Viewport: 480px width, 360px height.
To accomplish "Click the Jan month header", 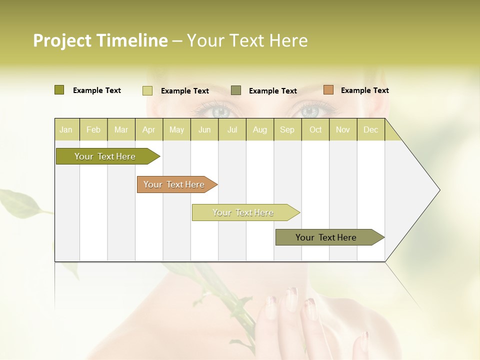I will click(x=66, y=129).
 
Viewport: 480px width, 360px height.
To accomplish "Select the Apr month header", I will click(x=148, y=129).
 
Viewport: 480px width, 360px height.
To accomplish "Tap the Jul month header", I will click(x=232, y=129).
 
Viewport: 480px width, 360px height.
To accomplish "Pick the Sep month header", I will click(x=287, y=129).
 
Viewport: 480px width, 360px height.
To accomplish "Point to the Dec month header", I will click(x=370, y=129).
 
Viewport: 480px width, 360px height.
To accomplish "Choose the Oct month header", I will click(x=315, y=129).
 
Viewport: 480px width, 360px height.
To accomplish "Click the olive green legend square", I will click(x=59, y=90).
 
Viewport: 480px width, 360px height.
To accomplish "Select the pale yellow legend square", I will click(x=147, y=90).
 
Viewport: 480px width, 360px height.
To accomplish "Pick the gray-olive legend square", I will click(x=236, y=90).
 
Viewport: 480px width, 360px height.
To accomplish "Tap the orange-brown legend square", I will click(x=328, y=90).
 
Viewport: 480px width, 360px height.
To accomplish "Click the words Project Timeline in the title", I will click(x=100, y=40).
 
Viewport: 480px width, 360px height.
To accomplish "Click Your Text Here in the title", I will click(x=247, y=40).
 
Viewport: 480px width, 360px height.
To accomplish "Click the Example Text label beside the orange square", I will click(x=364, y=90).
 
